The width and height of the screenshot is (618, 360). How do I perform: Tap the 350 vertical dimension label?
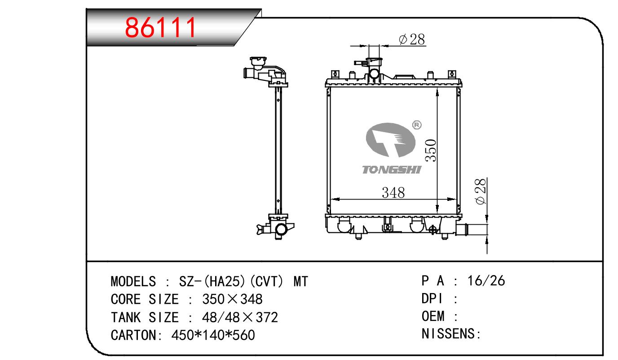point(431,151)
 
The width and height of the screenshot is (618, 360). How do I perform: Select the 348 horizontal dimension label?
point(393,192)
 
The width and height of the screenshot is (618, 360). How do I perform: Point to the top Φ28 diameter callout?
point(412,40)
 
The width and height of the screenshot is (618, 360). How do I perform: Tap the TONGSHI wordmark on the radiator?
point(392,170)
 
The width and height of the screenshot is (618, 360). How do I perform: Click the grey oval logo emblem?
point(390,140)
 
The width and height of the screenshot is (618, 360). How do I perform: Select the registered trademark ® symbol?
point(417,125)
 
